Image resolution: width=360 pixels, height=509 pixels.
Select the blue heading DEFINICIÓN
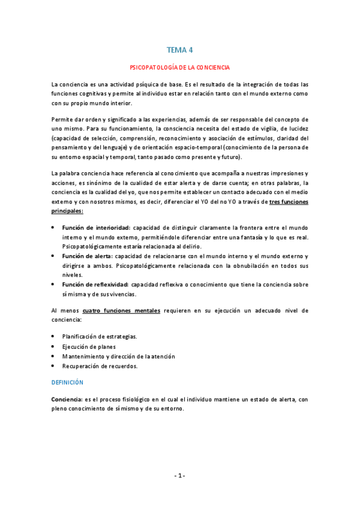tap(67, 382)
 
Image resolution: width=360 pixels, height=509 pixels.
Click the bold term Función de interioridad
tap(95, 228)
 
